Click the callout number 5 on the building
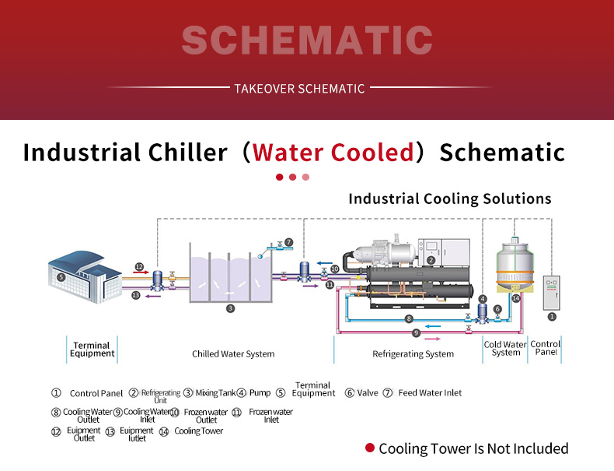[61, 277]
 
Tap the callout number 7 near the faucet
[288, 242]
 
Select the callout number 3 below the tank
[230, 308]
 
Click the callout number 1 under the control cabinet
[552, 316]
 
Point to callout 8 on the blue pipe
[409, 318]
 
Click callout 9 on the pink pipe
[416, 333]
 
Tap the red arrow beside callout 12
[141, 272]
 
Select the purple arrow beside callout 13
[153, 296]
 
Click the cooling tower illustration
[515, 267]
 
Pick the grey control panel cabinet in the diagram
[551, 293]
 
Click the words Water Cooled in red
[333, 152]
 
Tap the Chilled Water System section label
[233, 353]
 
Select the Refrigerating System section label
[413, 353]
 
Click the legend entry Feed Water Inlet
[430, 392]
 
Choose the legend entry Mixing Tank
[216, 392]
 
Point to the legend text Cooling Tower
[198, 431]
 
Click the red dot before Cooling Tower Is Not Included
[370, 448]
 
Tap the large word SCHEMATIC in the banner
[308, 40]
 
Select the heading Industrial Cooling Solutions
[450, 199]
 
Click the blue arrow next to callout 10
[324, 263]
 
